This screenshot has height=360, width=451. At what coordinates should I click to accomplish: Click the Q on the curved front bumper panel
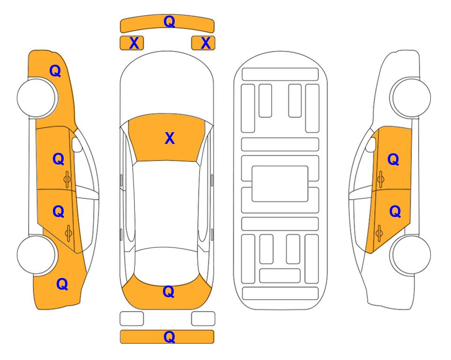(x=169, y=22)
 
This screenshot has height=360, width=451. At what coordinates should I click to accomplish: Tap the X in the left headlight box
(x=134, y=43)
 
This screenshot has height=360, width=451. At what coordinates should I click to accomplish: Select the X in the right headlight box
(x=206, y=43)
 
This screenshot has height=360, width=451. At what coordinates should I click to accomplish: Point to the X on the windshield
(x=170, y=138)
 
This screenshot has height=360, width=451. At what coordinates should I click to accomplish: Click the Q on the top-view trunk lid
(x=169, y=292)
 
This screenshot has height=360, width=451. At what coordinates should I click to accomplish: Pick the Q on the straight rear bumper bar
(x=169, y=337)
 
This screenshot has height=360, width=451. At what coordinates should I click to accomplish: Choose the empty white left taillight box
(x=132, y=319)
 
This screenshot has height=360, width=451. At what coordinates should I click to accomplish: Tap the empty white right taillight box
(x=203, y=319)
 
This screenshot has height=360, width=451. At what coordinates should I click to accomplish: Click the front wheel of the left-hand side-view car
(x=37, y=98)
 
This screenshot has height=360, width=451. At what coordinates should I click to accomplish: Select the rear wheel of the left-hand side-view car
(x=37, y=255)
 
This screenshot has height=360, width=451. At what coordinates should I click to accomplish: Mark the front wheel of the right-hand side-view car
(x=411, y=97)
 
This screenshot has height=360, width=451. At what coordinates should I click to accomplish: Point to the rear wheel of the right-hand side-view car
(x=411, y=255)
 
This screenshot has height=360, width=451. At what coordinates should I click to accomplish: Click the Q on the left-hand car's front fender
(x=55, y=71)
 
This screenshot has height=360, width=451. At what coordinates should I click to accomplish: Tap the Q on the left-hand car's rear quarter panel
(x=62, y=284)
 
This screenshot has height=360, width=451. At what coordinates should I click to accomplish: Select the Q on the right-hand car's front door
(x=393, y=159)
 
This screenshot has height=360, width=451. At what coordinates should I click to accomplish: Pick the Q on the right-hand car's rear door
(x=395, y=212)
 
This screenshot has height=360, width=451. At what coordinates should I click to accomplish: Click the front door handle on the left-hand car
(x=67, y=180)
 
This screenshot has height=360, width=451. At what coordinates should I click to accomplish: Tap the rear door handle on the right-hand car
(x=379, y=233)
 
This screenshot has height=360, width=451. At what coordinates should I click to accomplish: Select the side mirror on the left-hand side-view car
(x=77, y=144)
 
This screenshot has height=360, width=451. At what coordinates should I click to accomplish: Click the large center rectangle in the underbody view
(x=280, y=184)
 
